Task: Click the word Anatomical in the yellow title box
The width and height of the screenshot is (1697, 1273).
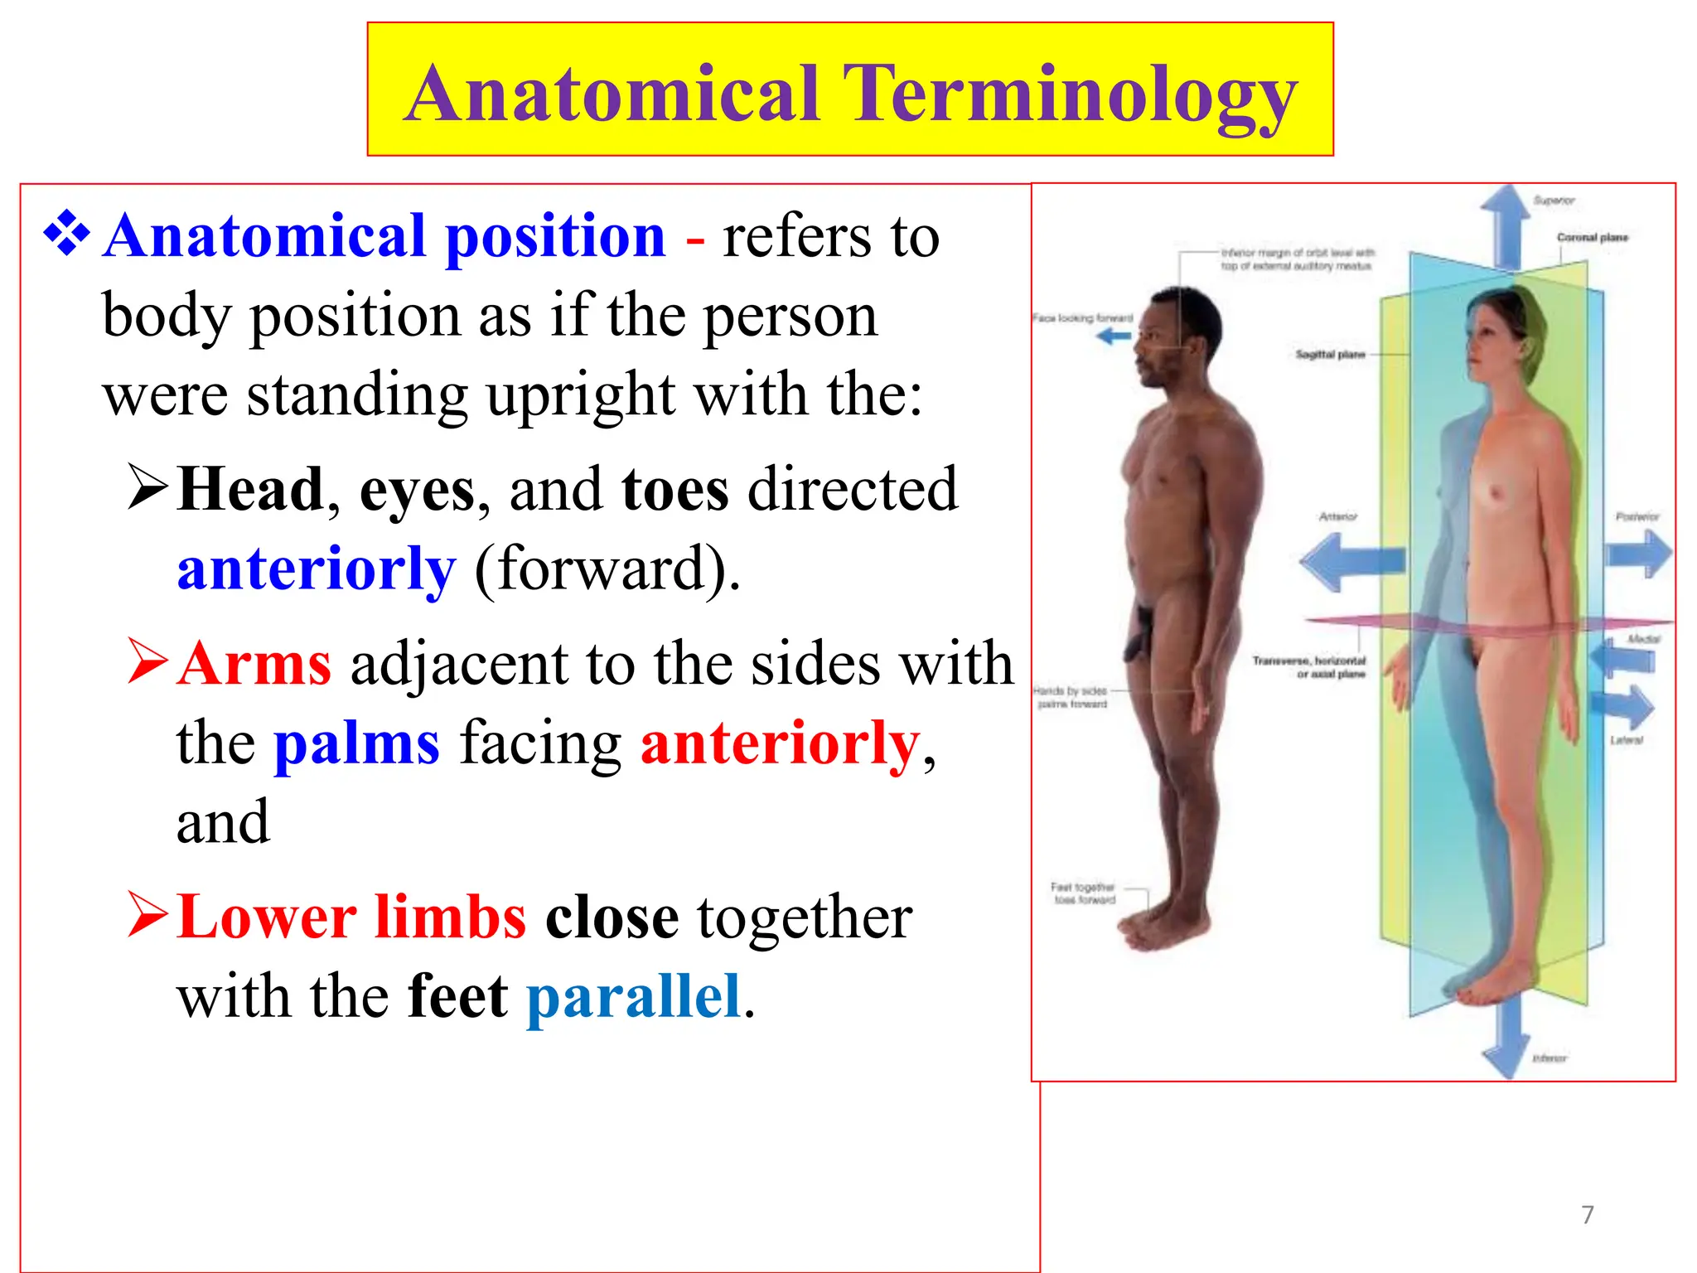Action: (613, 93)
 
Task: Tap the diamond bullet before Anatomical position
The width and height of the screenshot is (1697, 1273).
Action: (66, 234)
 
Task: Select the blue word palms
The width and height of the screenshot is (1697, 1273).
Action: (356, 743)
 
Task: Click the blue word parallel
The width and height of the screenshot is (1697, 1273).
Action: (634, 996)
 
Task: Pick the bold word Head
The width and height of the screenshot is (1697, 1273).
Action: (250, 489)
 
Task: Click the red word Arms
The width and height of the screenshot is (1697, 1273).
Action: (254, 664)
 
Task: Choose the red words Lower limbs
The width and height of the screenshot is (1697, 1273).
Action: (351, 917)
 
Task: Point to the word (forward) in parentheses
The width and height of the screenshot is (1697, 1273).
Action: (607, 569)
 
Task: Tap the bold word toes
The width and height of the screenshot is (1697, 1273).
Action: (674, 489)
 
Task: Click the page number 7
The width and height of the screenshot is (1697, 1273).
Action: (1588, 1215)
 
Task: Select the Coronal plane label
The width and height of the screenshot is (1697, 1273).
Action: (1592, 238)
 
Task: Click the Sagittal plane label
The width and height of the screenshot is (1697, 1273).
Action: (1330, 355)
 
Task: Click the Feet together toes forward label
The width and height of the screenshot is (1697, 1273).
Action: (1084, 893)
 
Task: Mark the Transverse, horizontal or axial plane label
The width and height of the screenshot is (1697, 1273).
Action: (1309, 667)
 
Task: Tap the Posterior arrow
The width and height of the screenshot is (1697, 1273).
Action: (1639, 553)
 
